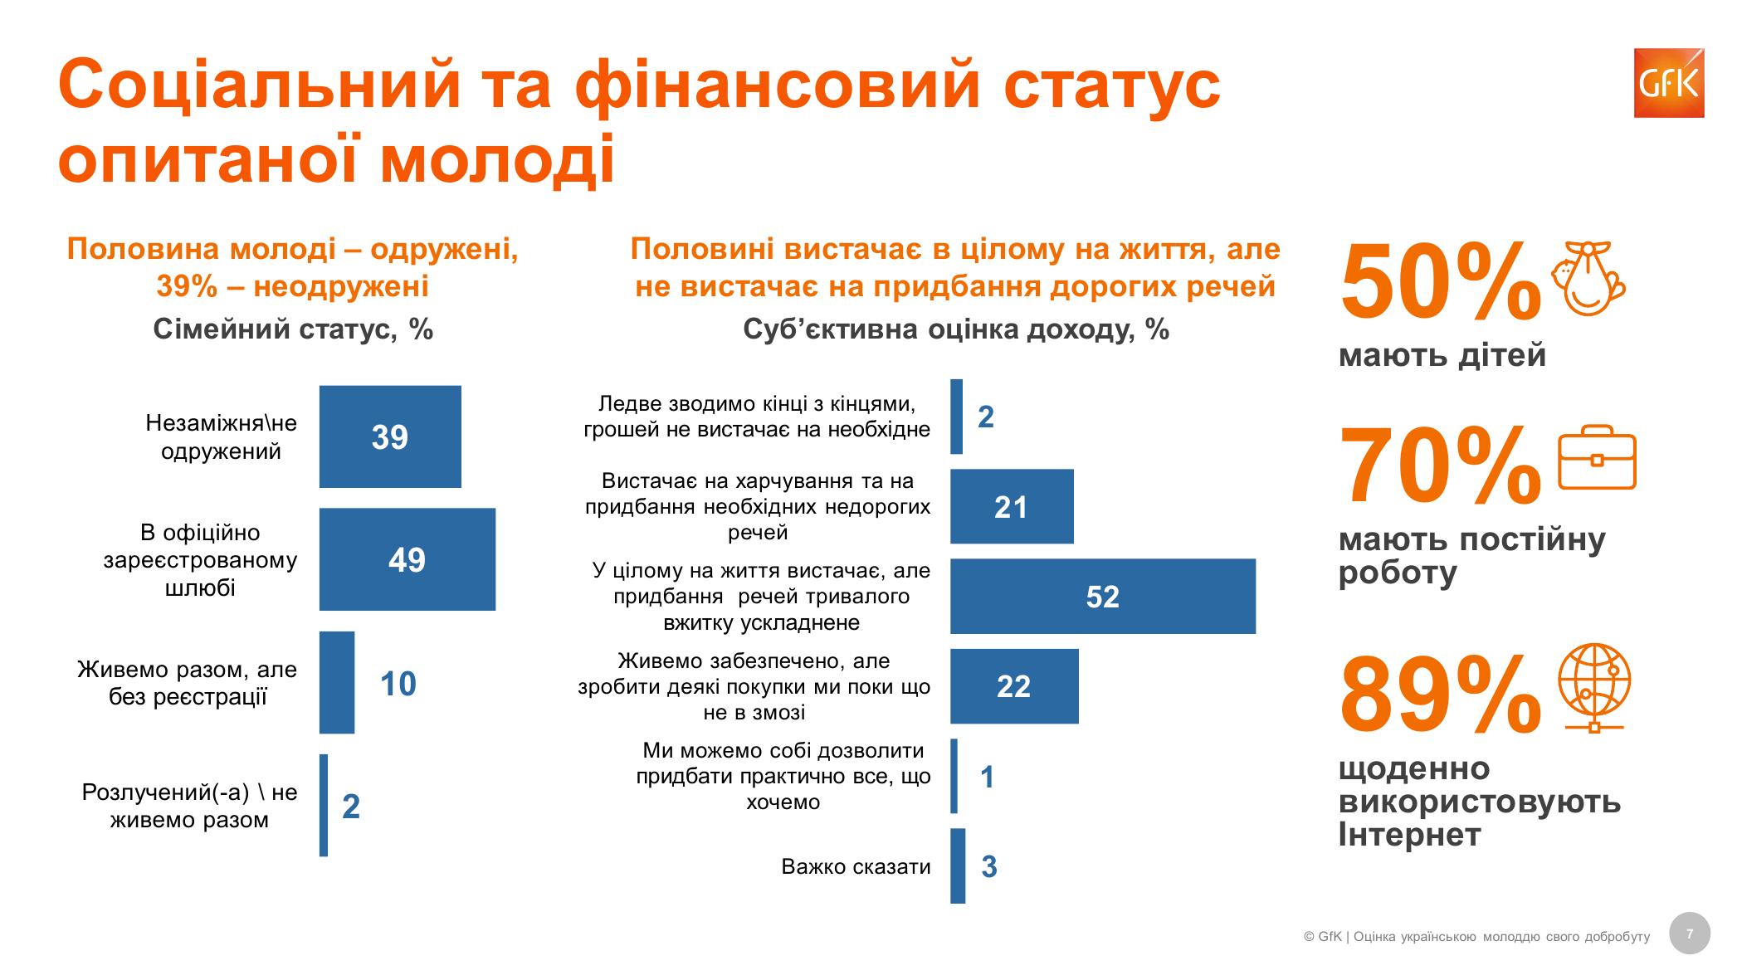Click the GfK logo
(1668, 83)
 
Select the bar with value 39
(390, 436)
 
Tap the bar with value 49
(407, 559)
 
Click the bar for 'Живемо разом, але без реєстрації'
(337, 682)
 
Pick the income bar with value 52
(1102, 596)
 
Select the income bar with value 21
(1011, 506)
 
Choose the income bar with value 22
(1013, 685)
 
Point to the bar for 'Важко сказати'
(958, 865)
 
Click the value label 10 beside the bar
(398, 684)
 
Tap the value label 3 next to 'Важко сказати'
(989, 866)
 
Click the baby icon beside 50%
(1588, 278)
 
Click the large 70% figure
(1439, 466)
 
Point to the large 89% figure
(1439, 695)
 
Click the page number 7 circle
(1690, 934)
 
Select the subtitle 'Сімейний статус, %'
(293, 329)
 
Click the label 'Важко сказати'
(856, 866)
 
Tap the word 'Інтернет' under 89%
(1409, 835)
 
